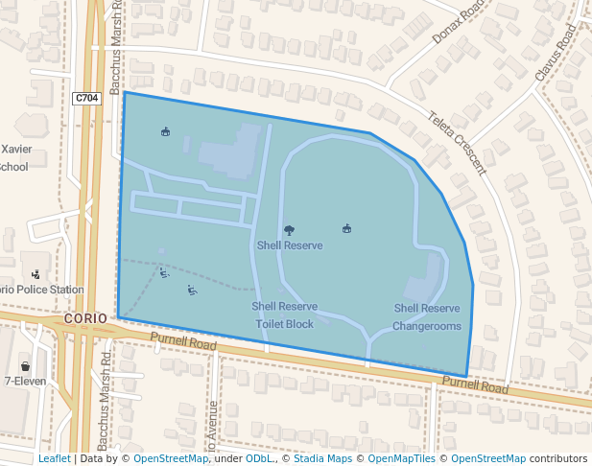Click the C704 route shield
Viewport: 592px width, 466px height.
tap(86, 98)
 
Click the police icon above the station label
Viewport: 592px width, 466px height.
tap(36, 274)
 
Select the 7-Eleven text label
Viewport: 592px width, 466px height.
tap(25, 382)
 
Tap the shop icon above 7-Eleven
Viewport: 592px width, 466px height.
tap(25, 366)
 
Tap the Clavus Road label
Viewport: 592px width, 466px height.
tap(556, 52)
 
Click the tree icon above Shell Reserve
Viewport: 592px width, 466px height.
tap(289, 230)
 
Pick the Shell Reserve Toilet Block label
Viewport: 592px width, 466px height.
tap(284, 315)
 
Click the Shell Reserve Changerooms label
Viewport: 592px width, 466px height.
tap(427, 317)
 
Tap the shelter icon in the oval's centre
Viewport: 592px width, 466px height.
tap(346, 228)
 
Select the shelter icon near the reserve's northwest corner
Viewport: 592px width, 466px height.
tap(165, 131)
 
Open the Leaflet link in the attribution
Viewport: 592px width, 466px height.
tap(54, 458)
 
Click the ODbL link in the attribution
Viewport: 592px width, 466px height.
tap(259, 458)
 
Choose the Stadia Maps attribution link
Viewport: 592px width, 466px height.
tap(322, 458)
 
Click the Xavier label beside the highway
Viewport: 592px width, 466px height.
tap(16, 150)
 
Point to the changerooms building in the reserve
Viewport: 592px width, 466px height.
tap(423, 289)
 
